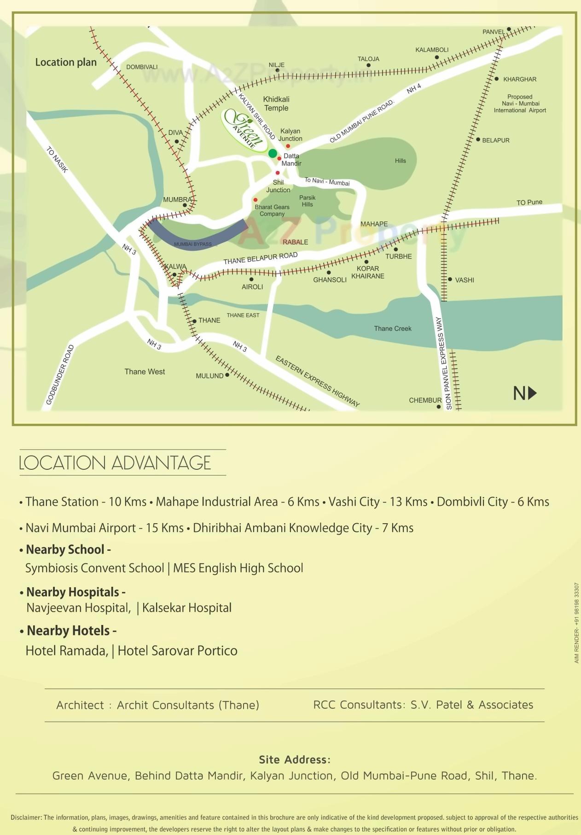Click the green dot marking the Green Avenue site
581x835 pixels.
273,153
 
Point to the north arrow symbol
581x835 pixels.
525,393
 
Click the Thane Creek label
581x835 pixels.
392,328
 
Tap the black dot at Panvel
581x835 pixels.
509,29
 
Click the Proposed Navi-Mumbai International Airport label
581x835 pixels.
520,104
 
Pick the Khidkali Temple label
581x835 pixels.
276,104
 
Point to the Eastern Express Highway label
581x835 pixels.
317,381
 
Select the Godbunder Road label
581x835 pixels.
60,375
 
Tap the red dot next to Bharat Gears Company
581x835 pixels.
256,200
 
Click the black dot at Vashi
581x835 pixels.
450,280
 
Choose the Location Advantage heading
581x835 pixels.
115,463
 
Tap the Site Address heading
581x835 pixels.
295,759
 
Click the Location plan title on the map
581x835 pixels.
66,62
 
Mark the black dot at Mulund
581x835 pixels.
227,375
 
